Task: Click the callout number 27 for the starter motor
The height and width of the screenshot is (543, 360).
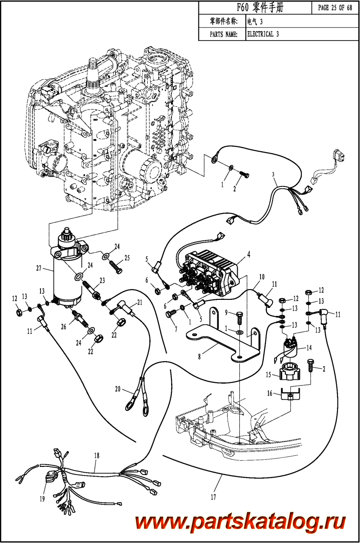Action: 39,269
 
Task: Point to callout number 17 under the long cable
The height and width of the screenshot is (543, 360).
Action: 213,497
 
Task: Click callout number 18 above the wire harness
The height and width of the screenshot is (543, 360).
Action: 96,456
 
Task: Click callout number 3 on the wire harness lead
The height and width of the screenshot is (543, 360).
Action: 273,174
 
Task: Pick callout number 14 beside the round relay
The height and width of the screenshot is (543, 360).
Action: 309,348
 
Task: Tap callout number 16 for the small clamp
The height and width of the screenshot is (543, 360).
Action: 270,393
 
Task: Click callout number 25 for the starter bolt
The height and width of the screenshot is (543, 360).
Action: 127,258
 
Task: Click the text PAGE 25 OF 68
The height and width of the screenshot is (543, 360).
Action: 335,8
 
